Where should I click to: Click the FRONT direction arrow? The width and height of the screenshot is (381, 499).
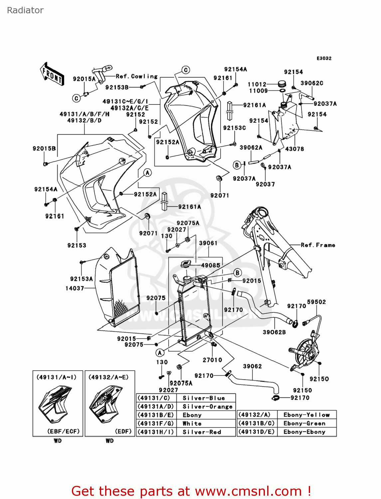[x=52, y=74]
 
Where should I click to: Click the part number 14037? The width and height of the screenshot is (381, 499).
[x=75, y=288]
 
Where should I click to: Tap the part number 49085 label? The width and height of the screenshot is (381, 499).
[x=211, y=265]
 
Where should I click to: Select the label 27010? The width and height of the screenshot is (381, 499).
[x=212, y=360]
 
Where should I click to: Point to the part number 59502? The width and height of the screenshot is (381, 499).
[x=316, y=302]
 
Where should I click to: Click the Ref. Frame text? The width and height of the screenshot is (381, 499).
[x=317, y=245]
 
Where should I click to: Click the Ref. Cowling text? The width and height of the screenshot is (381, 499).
[x=137, y=76]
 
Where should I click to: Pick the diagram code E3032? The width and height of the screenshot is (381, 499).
[x=324, y=58]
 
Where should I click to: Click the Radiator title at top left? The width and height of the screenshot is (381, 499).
[x=25, y=10]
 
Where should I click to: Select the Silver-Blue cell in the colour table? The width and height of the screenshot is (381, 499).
[x=204, y=398]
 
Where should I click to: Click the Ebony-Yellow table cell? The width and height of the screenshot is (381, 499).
[x=306, y=415]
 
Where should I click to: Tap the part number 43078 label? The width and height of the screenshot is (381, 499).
[x=294, y=149]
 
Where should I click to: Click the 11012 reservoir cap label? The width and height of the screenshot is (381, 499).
[x=257, y=84]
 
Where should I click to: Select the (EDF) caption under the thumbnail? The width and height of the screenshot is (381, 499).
[x=123, y=431]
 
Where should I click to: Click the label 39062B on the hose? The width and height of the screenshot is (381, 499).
[x=274, y=332]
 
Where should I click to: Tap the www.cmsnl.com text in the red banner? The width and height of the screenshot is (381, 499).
[x=248, y=491]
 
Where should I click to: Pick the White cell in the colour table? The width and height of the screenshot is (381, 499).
[x=192, y=423]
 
